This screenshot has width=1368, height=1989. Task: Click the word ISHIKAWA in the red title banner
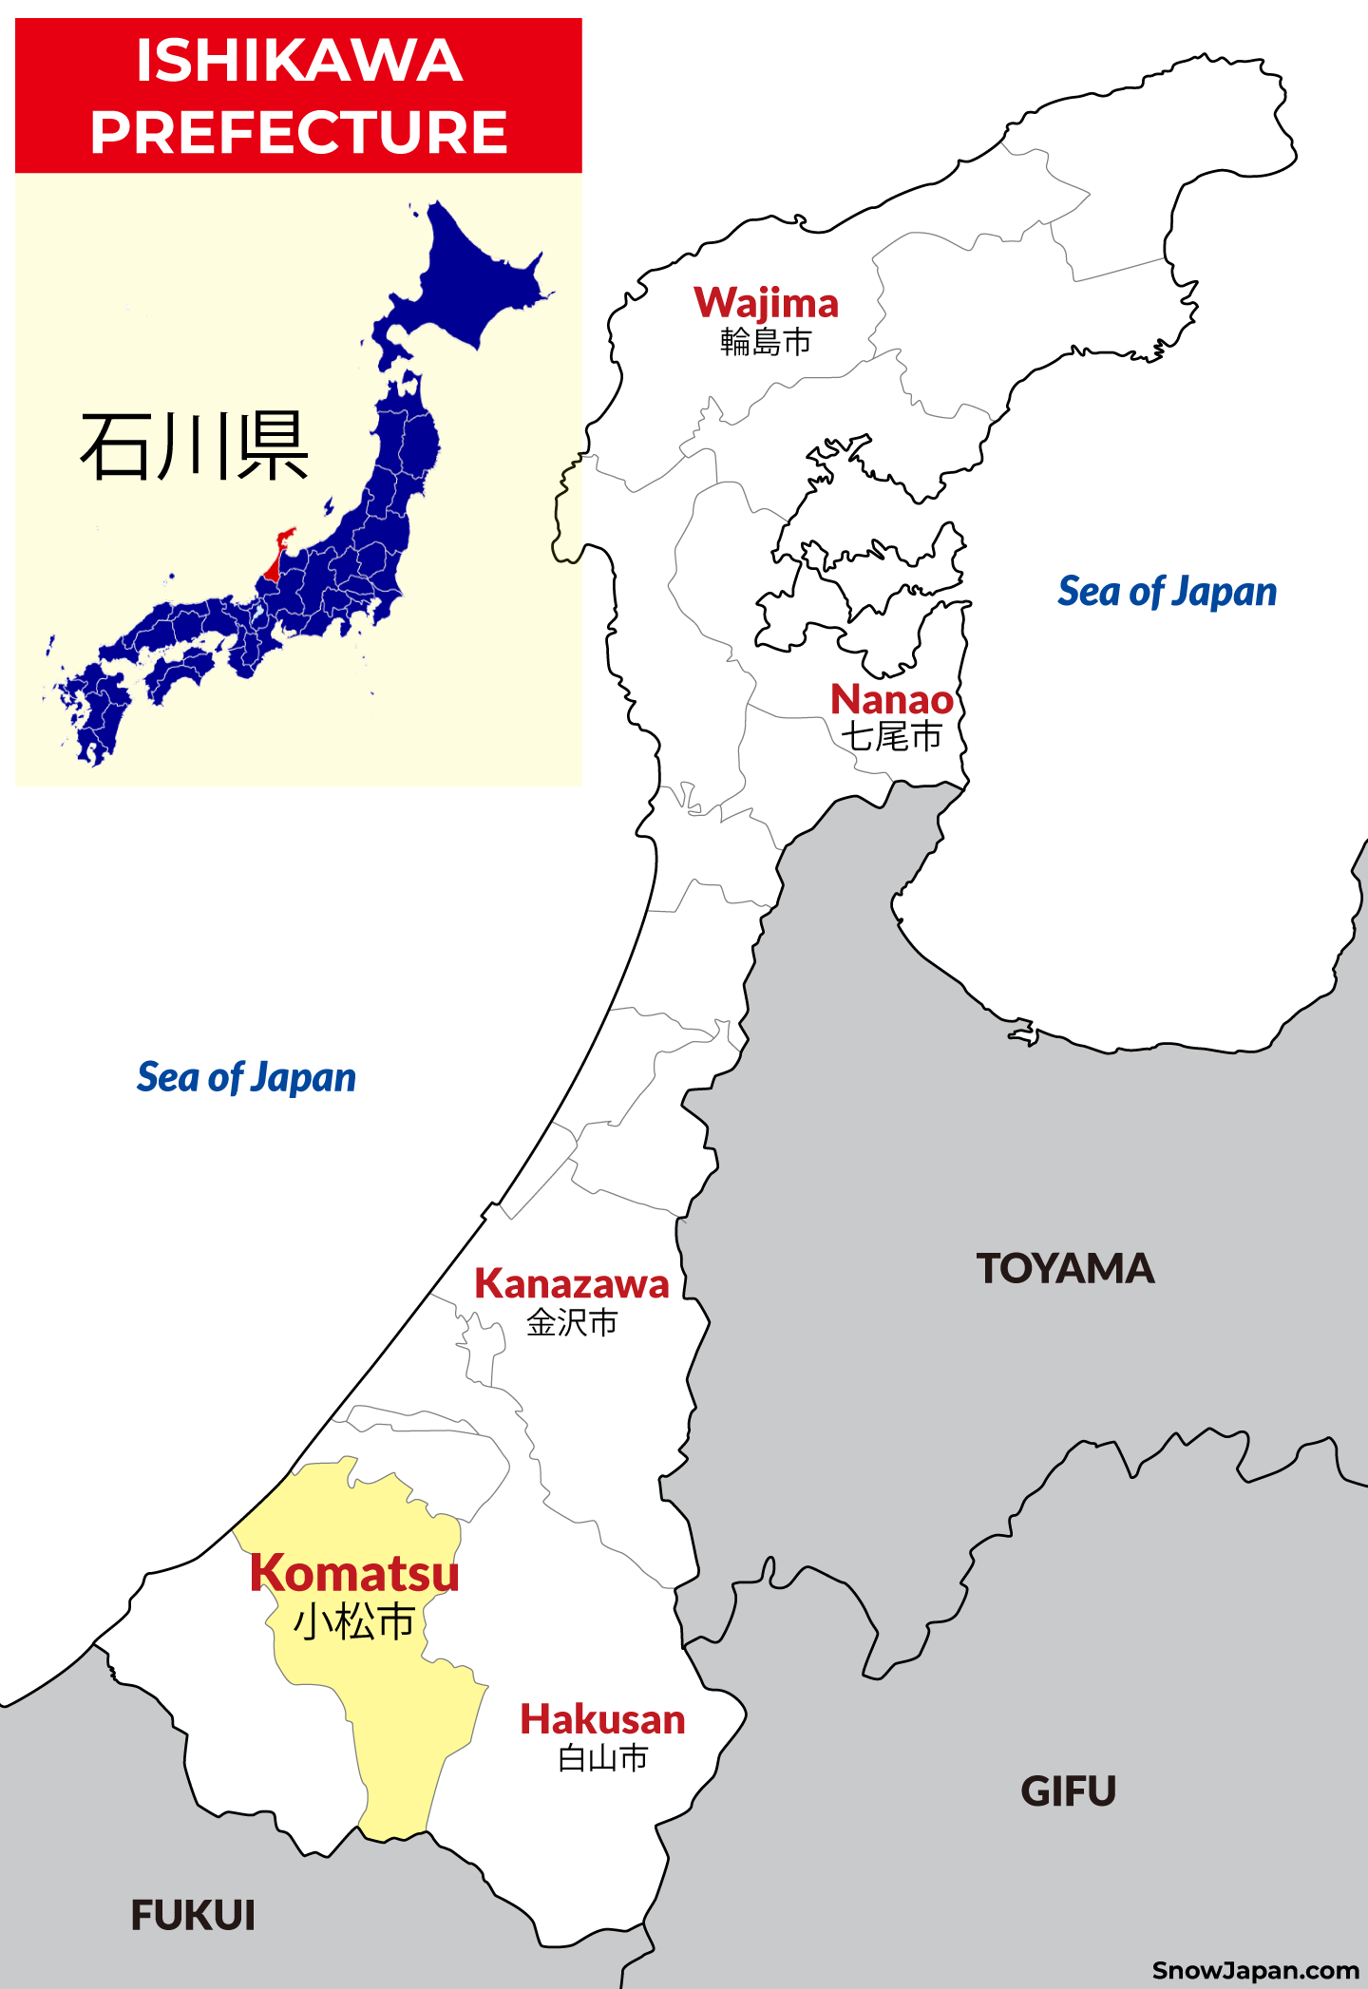tap(298, 61)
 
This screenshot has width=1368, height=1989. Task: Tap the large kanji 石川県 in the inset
tap(195, 446)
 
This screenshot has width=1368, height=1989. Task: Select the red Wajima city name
tap(766, 303)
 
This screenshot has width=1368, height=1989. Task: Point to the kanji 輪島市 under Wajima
tap(766, 341)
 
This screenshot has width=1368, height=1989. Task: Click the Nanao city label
tap(891, 699)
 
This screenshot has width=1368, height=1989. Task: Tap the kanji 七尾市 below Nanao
tap(891, 736)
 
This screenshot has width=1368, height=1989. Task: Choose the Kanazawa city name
tap(572, 1283)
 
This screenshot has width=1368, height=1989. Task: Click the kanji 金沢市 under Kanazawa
tap(572, 1322)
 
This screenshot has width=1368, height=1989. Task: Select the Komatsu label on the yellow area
tap(354, 1573)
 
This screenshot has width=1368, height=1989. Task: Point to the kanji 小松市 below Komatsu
tap(354, 1621)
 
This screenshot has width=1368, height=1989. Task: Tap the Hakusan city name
tap(602, 1720)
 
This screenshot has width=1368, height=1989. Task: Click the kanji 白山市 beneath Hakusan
tap(602, 1758)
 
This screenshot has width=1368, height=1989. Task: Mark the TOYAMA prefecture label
tap(1065, 1269)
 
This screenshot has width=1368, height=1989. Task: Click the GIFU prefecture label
tap(1068, 1791)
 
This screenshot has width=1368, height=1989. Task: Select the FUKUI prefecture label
tap(193, 1915)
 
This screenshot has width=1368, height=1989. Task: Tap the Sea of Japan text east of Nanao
tap(1167, 592)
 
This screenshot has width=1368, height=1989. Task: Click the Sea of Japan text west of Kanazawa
tap(246, 1077)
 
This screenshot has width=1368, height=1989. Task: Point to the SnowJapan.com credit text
tap(1255, 1970)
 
